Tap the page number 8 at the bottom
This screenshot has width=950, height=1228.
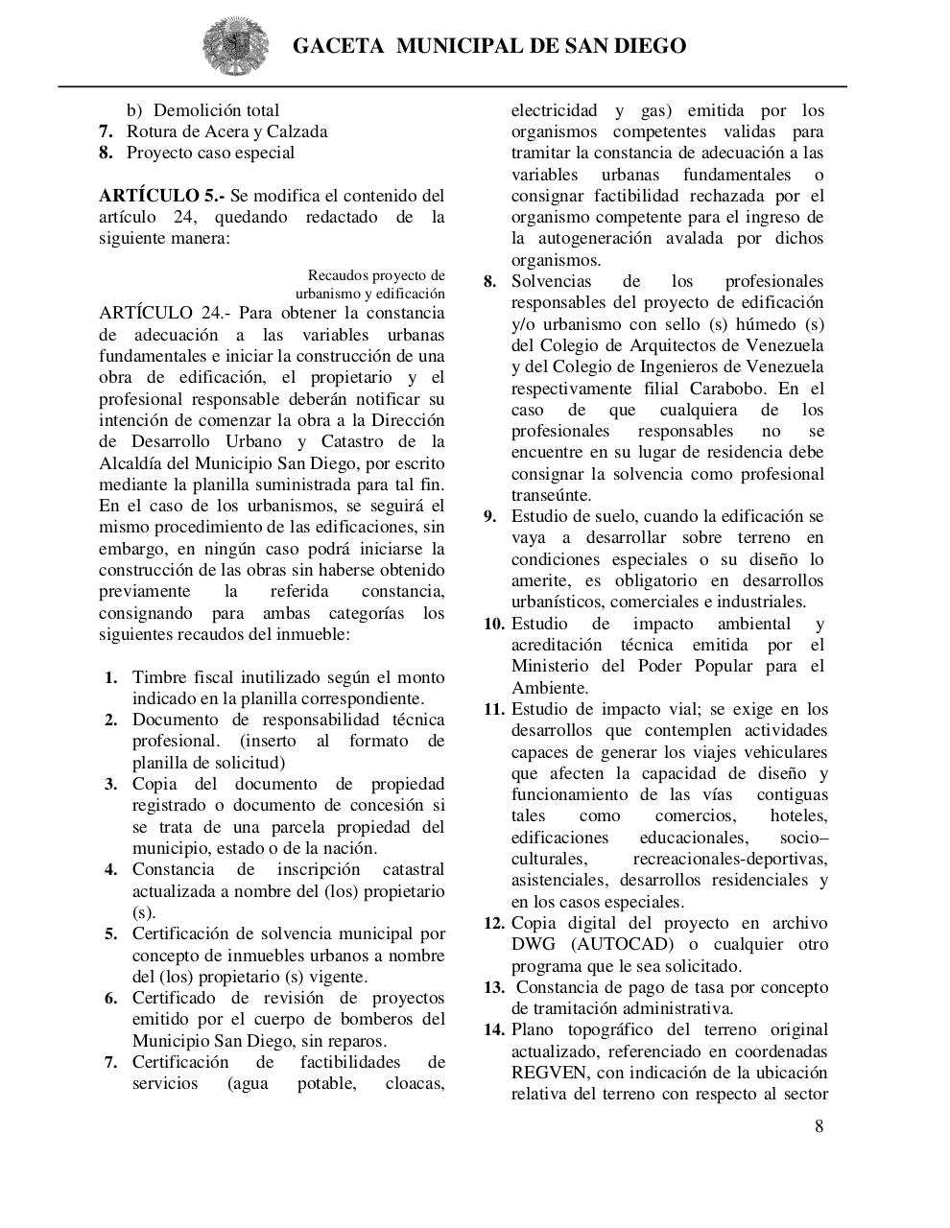click(x=819, y=1126)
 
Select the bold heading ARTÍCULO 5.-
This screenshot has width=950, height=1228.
click(x=162, y=196)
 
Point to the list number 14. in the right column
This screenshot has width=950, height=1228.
click(x=493, y=1030)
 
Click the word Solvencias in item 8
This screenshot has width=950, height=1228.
click(x=552, y=281)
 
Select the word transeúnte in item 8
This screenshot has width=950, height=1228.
click(x=551, y=495)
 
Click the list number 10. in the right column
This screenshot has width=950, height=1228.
click(x=493, y=624)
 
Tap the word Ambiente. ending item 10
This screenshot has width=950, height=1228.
click(x=550, y=688)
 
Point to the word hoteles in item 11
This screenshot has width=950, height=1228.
click(x=798, y=815)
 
